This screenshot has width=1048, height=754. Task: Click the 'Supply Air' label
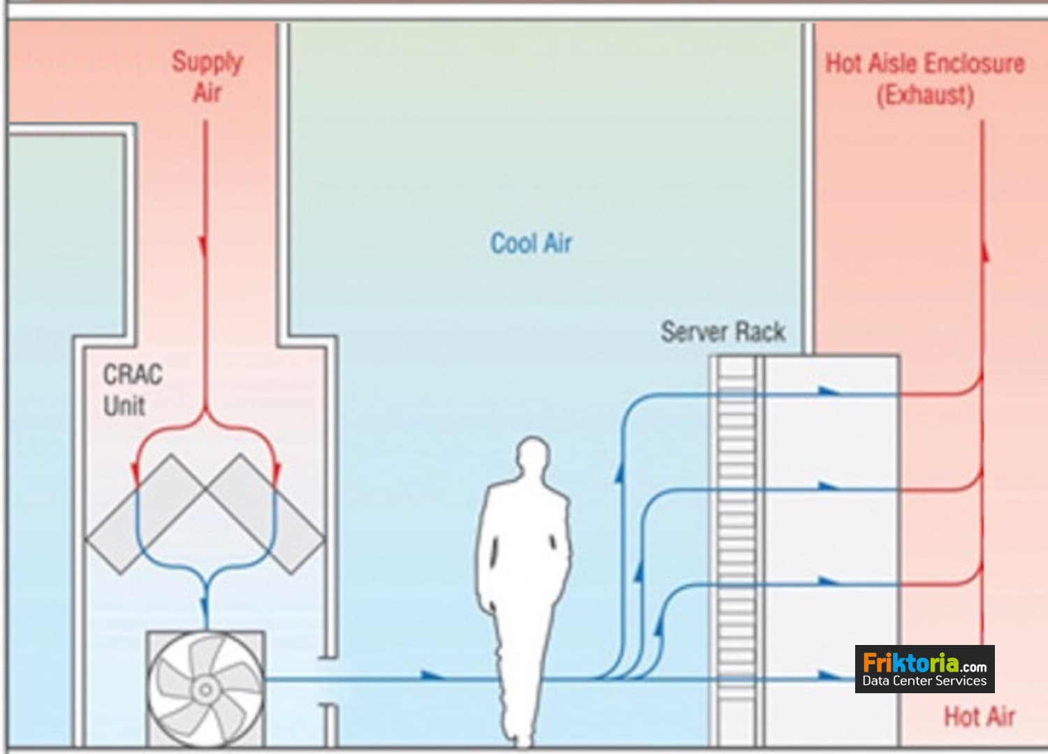[207, 77]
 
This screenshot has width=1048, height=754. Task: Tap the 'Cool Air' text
[531, 244]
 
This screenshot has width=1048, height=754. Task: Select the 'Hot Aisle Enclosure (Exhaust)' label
[925, 78]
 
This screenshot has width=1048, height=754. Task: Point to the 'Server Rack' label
[722, 331]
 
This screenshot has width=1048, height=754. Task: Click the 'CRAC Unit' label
[132, 390]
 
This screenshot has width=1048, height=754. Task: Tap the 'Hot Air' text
[979, 716]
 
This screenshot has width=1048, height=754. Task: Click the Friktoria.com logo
[924, 669]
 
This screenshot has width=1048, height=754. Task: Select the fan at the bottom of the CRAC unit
[205, 688]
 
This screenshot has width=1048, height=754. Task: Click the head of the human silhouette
[534, 458]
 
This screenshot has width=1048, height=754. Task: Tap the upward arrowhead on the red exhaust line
[985, 252]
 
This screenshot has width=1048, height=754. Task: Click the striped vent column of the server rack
[738, 545]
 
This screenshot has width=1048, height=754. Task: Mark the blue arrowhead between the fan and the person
[432, 676]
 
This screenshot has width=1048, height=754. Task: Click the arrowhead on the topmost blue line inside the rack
[829, 391]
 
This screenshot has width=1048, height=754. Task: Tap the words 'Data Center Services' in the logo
[924, 681]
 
